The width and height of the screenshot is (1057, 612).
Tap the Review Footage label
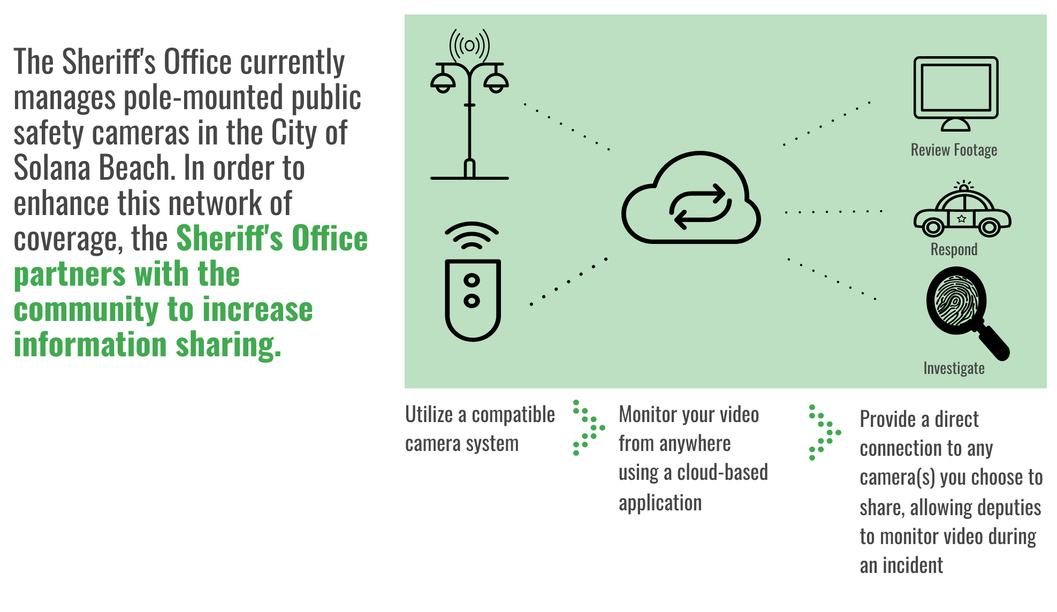coord(954,150)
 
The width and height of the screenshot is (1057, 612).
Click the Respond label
coord(954,249)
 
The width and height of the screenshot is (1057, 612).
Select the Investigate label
coord(954,368)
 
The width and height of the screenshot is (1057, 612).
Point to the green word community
coord(86,310)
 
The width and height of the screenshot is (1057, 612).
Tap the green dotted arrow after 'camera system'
coord(589,427)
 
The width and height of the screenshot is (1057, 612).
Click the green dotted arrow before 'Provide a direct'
coord(825,432)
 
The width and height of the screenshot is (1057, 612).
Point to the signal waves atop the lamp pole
coord(469,45)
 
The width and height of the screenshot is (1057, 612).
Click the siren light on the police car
coord(964,185)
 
